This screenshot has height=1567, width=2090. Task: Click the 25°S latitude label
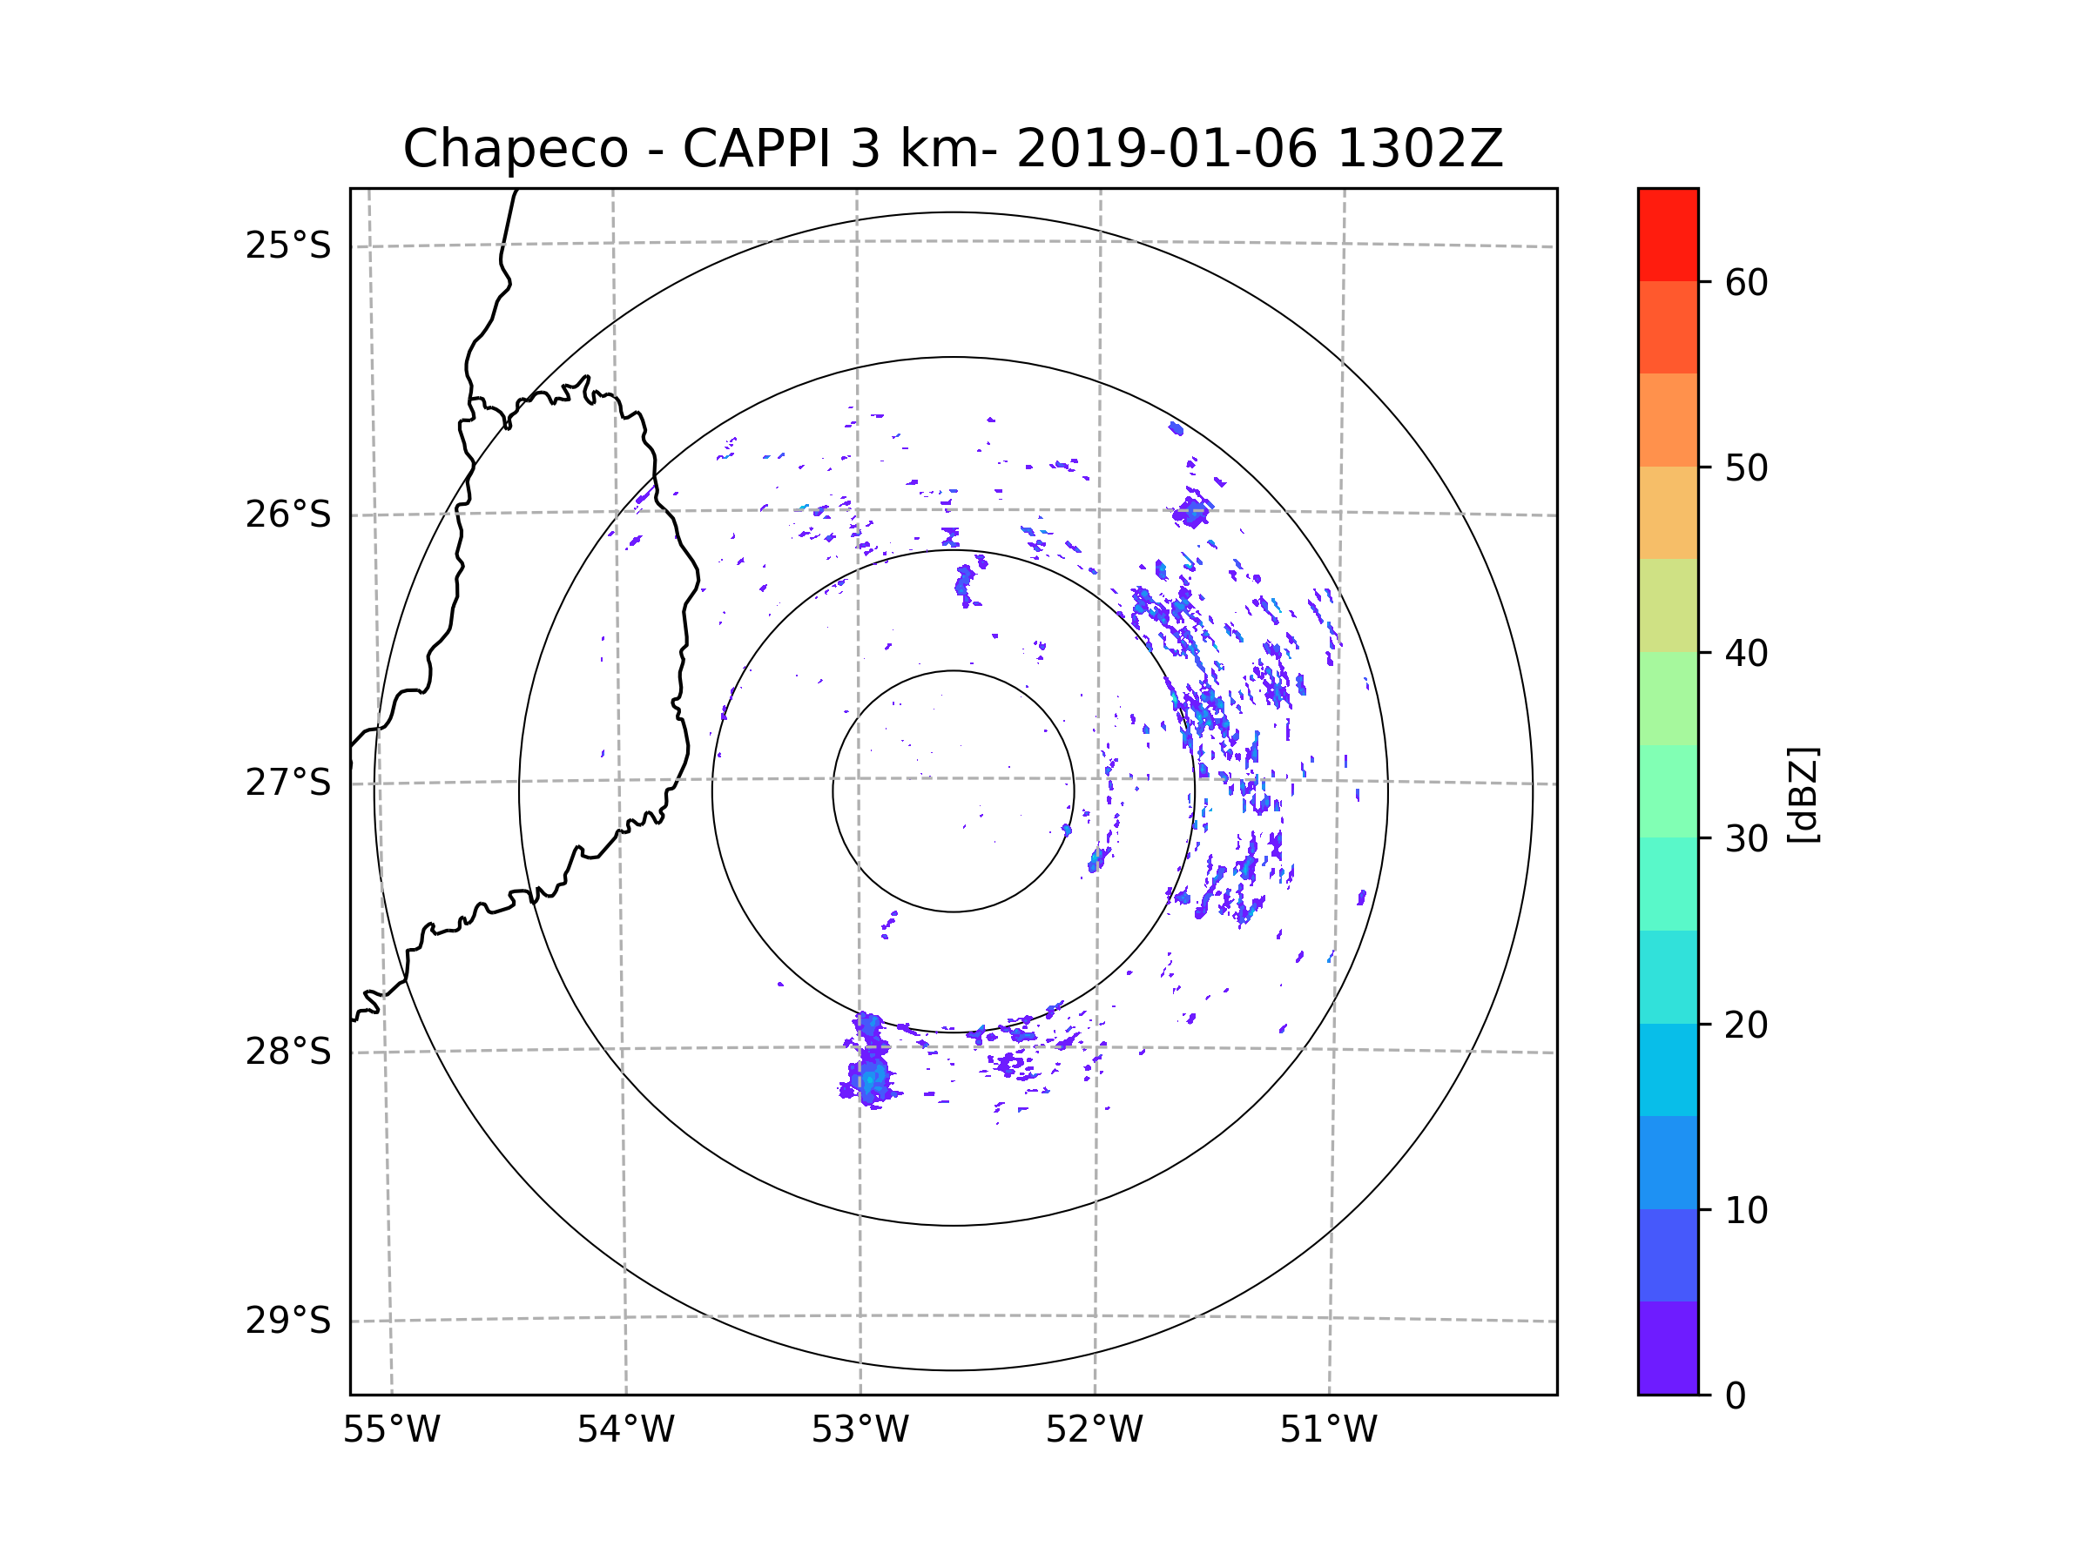[288, 245]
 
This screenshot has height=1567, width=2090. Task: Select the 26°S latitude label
[288, 514]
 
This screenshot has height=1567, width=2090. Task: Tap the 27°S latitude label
[288, 783]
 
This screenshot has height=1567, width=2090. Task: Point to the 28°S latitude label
[288, 1052]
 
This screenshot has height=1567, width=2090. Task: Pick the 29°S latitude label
[288, 1321]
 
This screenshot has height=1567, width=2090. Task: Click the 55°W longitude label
[391, 1430]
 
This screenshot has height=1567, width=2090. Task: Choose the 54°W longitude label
[625, 1430]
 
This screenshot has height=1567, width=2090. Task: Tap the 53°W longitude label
[860, 1430]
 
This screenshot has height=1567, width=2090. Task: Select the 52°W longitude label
[1094, 1430]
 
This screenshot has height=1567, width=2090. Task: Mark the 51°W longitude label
[1328, 1430]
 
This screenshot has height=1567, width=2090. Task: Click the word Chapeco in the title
[516, 149]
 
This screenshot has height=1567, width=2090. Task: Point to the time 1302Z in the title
[1420, 149]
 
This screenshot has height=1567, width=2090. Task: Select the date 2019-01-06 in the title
[1166, 149]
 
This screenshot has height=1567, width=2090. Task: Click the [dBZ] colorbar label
[1803, 794]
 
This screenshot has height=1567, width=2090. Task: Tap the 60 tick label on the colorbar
[1746, 282]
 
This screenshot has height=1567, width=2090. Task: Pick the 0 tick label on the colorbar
[1736, 1396]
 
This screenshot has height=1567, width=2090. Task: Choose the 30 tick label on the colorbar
[1746, 838]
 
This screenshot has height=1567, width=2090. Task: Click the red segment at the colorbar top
[1668, 234]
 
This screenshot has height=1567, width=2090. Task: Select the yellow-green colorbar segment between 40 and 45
[1668, 605]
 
